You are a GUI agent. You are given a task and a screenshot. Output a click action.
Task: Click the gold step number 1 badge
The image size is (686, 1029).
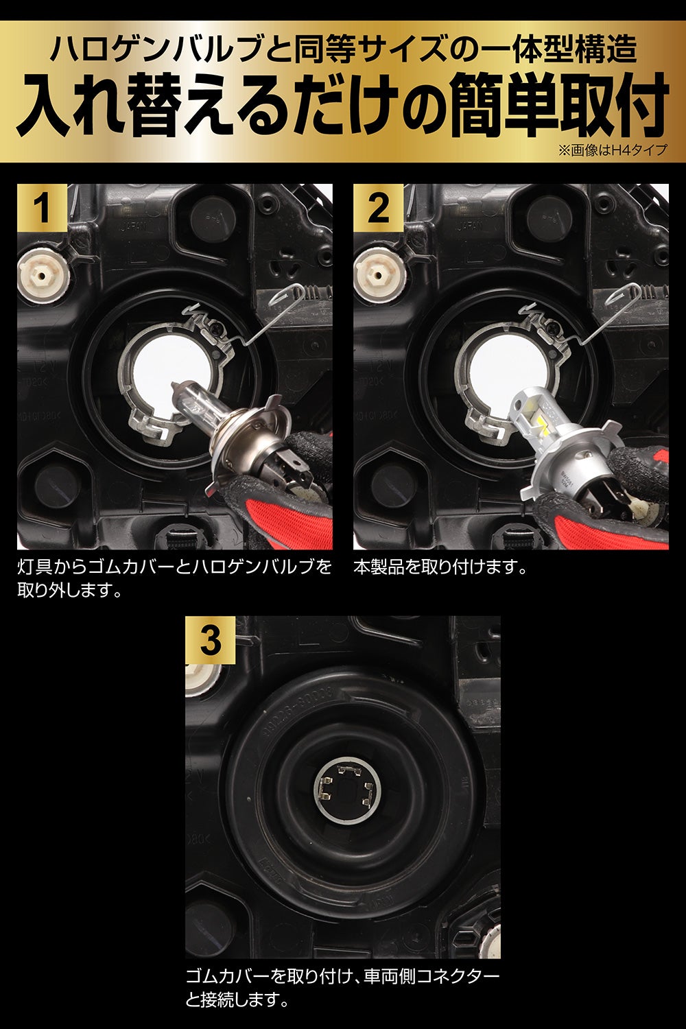(x=43, y=208)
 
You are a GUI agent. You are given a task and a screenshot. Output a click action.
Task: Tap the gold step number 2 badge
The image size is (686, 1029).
(x=378, y=208)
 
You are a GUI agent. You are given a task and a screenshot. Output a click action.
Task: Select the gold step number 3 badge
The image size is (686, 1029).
(x=210, y=640)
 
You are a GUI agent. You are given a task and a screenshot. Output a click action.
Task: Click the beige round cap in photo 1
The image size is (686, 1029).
(x=43, y=276)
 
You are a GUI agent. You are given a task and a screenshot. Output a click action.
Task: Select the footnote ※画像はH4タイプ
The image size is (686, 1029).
(x=612, y=150)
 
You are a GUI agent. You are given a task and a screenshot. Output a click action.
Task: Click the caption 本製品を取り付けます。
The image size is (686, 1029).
(x=440, y=568)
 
